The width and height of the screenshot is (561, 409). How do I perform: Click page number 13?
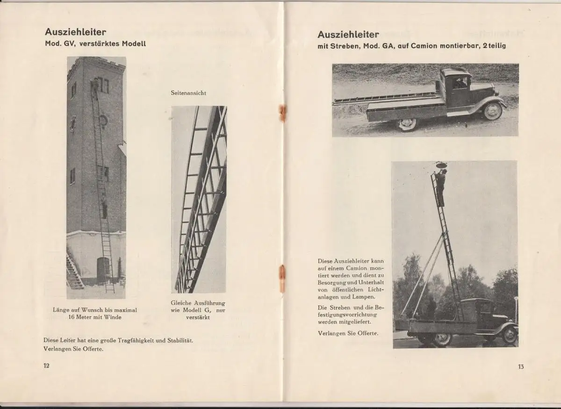521,366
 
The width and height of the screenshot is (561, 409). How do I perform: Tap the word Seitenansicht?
188,93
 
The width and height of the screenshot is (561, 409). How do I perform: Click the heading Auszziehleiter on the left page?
76,32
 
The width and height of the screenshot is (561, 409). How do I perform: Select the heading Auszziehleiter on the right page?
348,34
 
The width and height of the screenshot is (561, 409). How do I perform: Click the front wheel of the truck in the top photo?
494,111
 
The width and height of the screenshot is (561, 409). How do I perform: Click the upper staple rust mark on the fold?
282,114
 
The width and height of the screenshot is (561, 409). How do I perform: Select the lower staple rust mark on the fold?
282,278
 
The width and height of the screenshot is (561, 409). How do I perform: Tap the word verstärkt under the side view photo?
198,317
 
